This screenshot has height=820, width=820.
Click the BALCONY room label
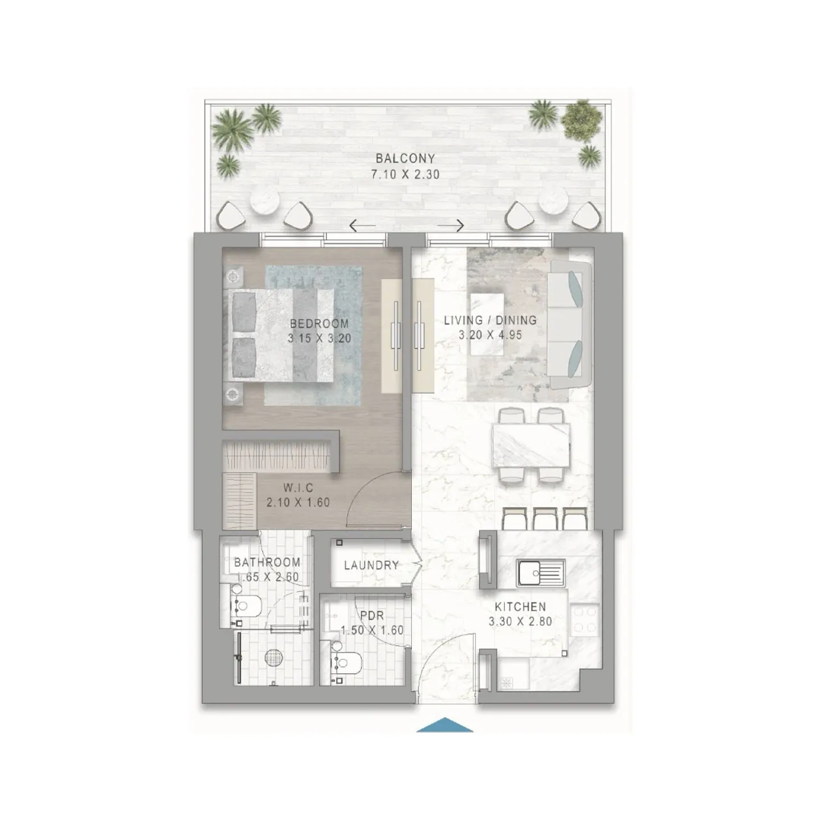pyautogui.click(x=405, y=158)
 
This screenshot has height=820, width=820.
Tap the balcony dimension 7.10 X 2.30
pyautogui.click(x=405, y=174)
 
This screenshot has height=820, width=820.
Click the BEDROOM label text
pyautogui.click(x=319, y=324)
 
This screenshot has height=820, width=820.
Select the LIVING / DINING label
pyautogui.click(x=490, y=320)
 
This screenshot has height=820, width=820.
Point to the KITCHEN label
pyautogui.click(x=520, y=607)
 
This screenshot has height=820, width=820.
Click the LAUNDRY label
pyautogui.click(x=371, y=566)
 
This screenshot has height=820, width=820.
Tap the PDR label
pyautogui.click(x=372, y=616)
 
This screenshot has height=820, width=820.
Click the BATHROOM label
pyautogui.click(x=267, y=562)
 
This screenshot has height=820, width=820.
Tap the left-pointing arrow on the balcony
pyautogui.click(x=363, y=225)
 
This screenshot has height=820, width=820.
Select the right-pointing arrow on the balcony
pyautogui.click(x=450, y=225)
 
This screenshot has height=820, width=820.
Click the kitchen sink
pyautogui.click(x=540, y=571)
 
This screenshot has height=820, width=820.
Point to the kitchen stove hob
pyautogui.click(x=585, y=619)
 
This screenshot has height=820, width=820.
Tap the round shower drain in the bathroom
pyautogui.click(x=274, y=658)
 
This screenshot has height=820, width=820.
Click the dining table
pyautogui.click(x=530, y=444)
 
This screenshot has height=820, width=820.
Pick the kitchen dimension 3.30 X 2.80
pyautogui.click(x=520, y=621)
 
